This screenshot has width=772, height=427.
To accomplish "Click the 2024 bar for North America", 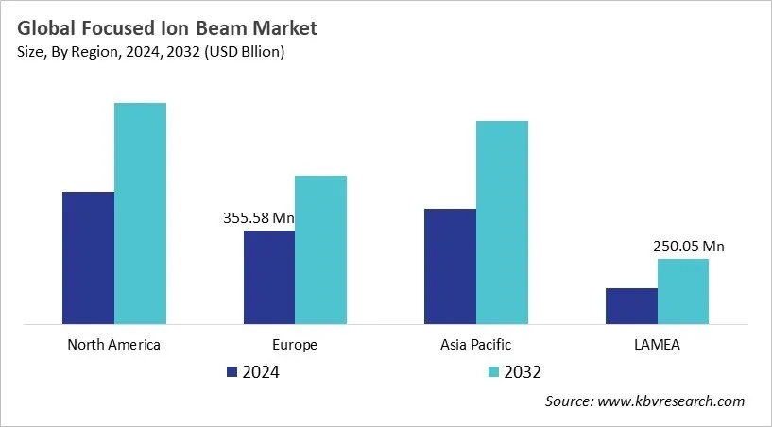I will (88, 258).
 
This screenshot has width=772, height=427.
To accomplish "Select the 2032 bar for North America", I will (140, 213).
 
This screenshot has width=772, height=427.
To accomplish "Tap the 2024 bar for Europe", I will (269, 277).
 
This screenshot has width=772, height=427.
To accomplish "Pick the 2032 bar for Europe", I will (320, 249).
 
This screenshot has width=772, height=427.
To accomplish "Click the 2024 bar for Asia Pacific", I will (450, 266).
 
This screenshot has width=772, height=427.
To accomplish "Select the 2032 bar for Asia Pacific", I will (502, 222).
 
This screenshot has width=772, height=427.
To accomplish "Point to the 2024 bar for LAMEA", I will (630, 306).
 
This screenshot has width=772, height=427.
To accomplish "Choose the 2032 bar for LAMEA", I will (682, 291).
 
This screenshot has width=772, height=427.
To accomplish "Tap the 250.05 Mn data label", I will (688, 247).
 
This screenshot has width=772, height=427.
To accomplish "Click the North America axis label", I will (114, 344).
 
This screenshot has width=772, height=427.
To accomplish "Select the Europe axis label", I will (295, 344).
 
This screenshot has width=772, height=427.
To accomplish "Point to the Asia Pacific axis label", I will (476, 344).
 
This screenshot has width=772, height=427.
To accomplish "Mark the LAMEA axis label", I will (657, 344).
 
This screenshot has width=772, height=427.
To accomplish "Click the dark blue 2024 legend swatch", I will (232, 372).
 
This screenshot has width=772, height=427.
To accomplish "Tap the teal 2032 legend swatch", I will (494, 372).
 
